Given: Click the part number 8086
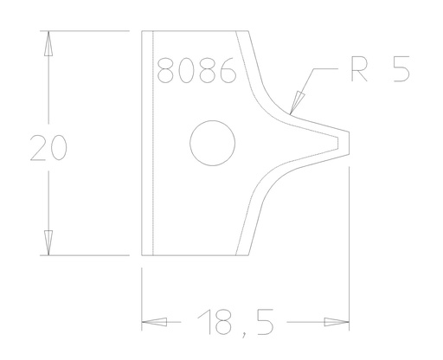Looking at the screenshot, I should [197, 70].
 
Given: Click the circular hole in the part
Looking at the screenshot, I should [213, 144].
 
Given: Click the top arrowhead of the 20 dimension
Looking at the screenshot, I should [49, 42].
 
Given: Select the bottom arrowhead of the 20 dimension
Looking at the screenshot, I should [49, 246].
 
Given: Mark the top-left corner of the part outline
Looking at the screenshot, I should [143, 32].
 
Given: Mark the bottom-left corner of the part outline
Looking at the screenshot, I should [143, 256].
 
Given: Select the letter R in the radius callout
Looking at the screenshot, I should [353, 70].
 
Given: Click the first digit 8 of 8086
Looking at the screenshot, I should [168, 70].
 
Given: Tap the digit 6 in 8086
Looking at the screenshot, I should [227, 70].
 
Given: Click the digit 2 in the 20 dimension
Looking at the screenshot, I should [38, 148].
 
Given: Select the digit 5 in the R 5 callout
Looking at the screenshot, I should [401, 70].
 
